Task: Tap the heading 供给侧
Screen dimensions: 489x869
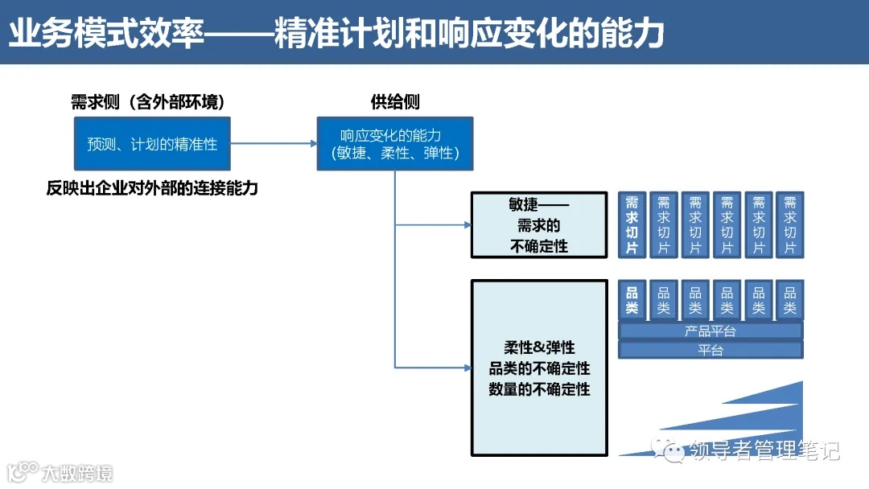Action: pyautogui.click(x=394, y=102)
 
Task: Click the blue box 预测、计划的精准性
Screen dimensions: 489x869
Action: pyautogui.click(x=152, y=144)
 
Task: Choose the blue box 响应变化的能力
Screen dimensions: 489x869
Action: pyautogui.click(x=394, y=144)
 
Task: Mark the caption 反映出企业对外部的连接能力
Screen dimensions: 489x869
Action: pyautogui.click(x=152, y=189)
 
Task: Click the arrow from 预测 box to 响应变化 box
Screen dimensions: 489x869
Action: pyautogui.click(x=274, y=144)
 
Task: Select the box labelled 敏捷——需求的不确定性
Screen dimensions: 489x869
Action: pyautogui.click(x=539, y=225)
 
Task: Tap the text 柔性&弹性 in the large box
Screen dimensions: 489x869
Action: pyautogui.click(x=539, y=347)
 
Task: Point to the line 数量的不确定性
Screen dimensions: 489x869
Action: pyautogui.click(x=539, y=389)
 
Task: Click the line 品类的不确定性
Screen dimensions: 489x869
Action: pyautogui.click(x=539, y=368)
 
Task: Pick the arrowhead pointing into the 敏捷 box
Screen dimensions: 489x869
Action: pyautogui.click(x=467, y=225)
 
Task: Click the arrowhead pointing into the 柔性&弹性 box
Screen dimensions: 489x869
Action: pyautogui.click(x=467, y=368)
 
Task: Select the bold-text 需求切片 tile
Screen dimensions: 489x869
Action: pyautogui.click(x=632, y=225)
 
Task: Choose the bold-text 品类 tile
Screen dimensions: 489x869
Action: pyautogui.click(x=632, y=300)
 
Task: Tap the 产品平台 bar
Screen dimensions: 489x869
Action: pyautogui.click(x=710, y=331)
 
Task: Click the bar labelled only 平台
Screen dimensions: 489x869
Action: pyautogui.click(x=710, y=351)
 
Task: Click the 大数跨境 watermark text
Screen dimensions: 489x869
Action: pyautogui.click(x=77, y=472)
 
